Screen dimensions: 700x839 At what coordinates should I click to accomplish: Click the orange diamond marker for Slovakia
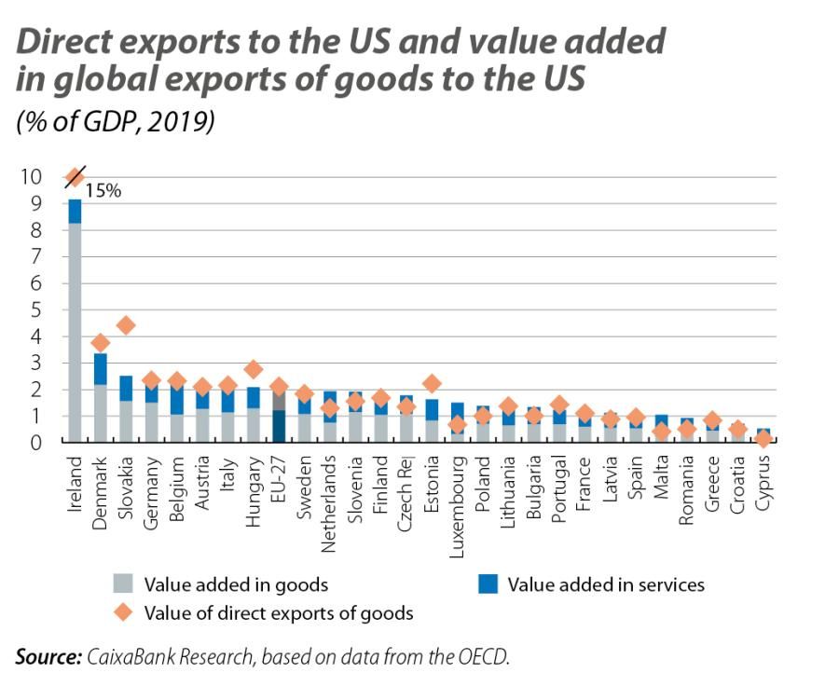pyautogui.click(x=126, y=325)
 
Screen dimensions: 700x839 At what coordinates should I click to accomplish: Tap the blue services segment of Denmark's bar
pyautogui.click(x=101, y=368)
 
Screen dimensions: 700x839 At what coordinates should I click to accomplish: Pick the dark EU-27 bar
pyautogui.click(x=279, y=426)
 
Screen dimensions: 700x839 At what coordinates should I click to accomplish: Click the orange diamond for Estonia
pyautogui.click(x=431, y=383)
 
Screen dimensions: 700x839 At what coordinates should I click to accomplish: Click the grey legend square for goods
pyautogui.click(x=123, y=584)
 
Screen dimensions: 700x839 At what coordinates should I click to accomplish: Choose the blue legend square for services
pyautogui.click(x=487, y=584)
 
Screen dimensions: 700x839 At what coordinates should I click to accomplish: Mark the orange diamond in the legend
pyautogui.click(x=123, y=612)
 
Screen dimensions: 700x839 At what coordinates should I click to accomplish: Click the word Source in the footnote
pyautogui.click(x=48, y=657)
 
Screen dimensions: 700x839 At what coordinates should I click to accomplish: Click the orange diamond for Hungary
pyautogui.click(x=253, y=370)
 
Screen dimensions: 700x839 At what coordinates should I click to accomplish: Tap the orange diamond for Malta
pyautogui.click(x=661, y=432)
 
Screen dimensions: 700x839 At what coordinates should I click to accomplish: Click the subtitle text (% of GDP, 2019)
pyautogui.click(x=116, y=122)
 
